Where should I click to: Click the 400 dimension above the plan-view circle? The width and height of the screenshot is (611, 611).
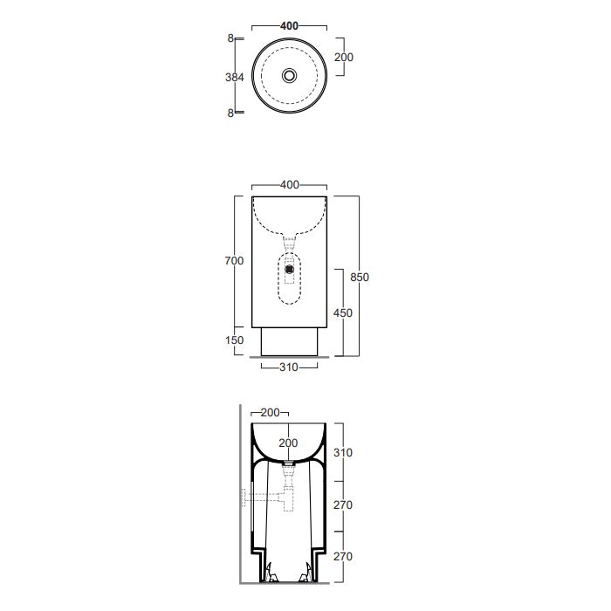click(x=289, y=26)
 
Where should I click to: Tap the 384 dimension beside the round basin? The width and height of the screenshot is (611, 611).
click(x=235, y=77)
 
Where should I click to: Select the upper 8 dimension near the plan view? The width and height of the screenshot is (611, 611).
click(x=230, y=38)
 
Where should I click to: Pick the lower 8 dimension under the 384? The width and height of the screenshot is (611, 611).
click(x=230, y=113)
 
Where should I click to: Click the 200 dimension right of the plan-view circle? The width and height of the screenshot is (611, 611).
click(x=344, y=58)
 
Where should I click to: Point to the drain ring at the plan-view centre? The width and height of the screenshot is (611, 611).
click(x=289, y=75)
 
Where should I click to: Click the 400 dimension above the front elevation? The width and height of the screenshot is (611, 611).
click(x=290, y=185)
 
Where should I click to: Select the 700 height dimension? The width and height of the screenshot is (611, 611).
click(x=234, y=261)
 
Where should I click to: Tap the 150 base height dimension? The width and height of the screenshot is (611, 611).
click(x=234, y=340)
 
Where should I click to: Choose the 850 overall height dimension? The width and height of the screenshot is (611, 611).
click(x=360, y=277)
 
